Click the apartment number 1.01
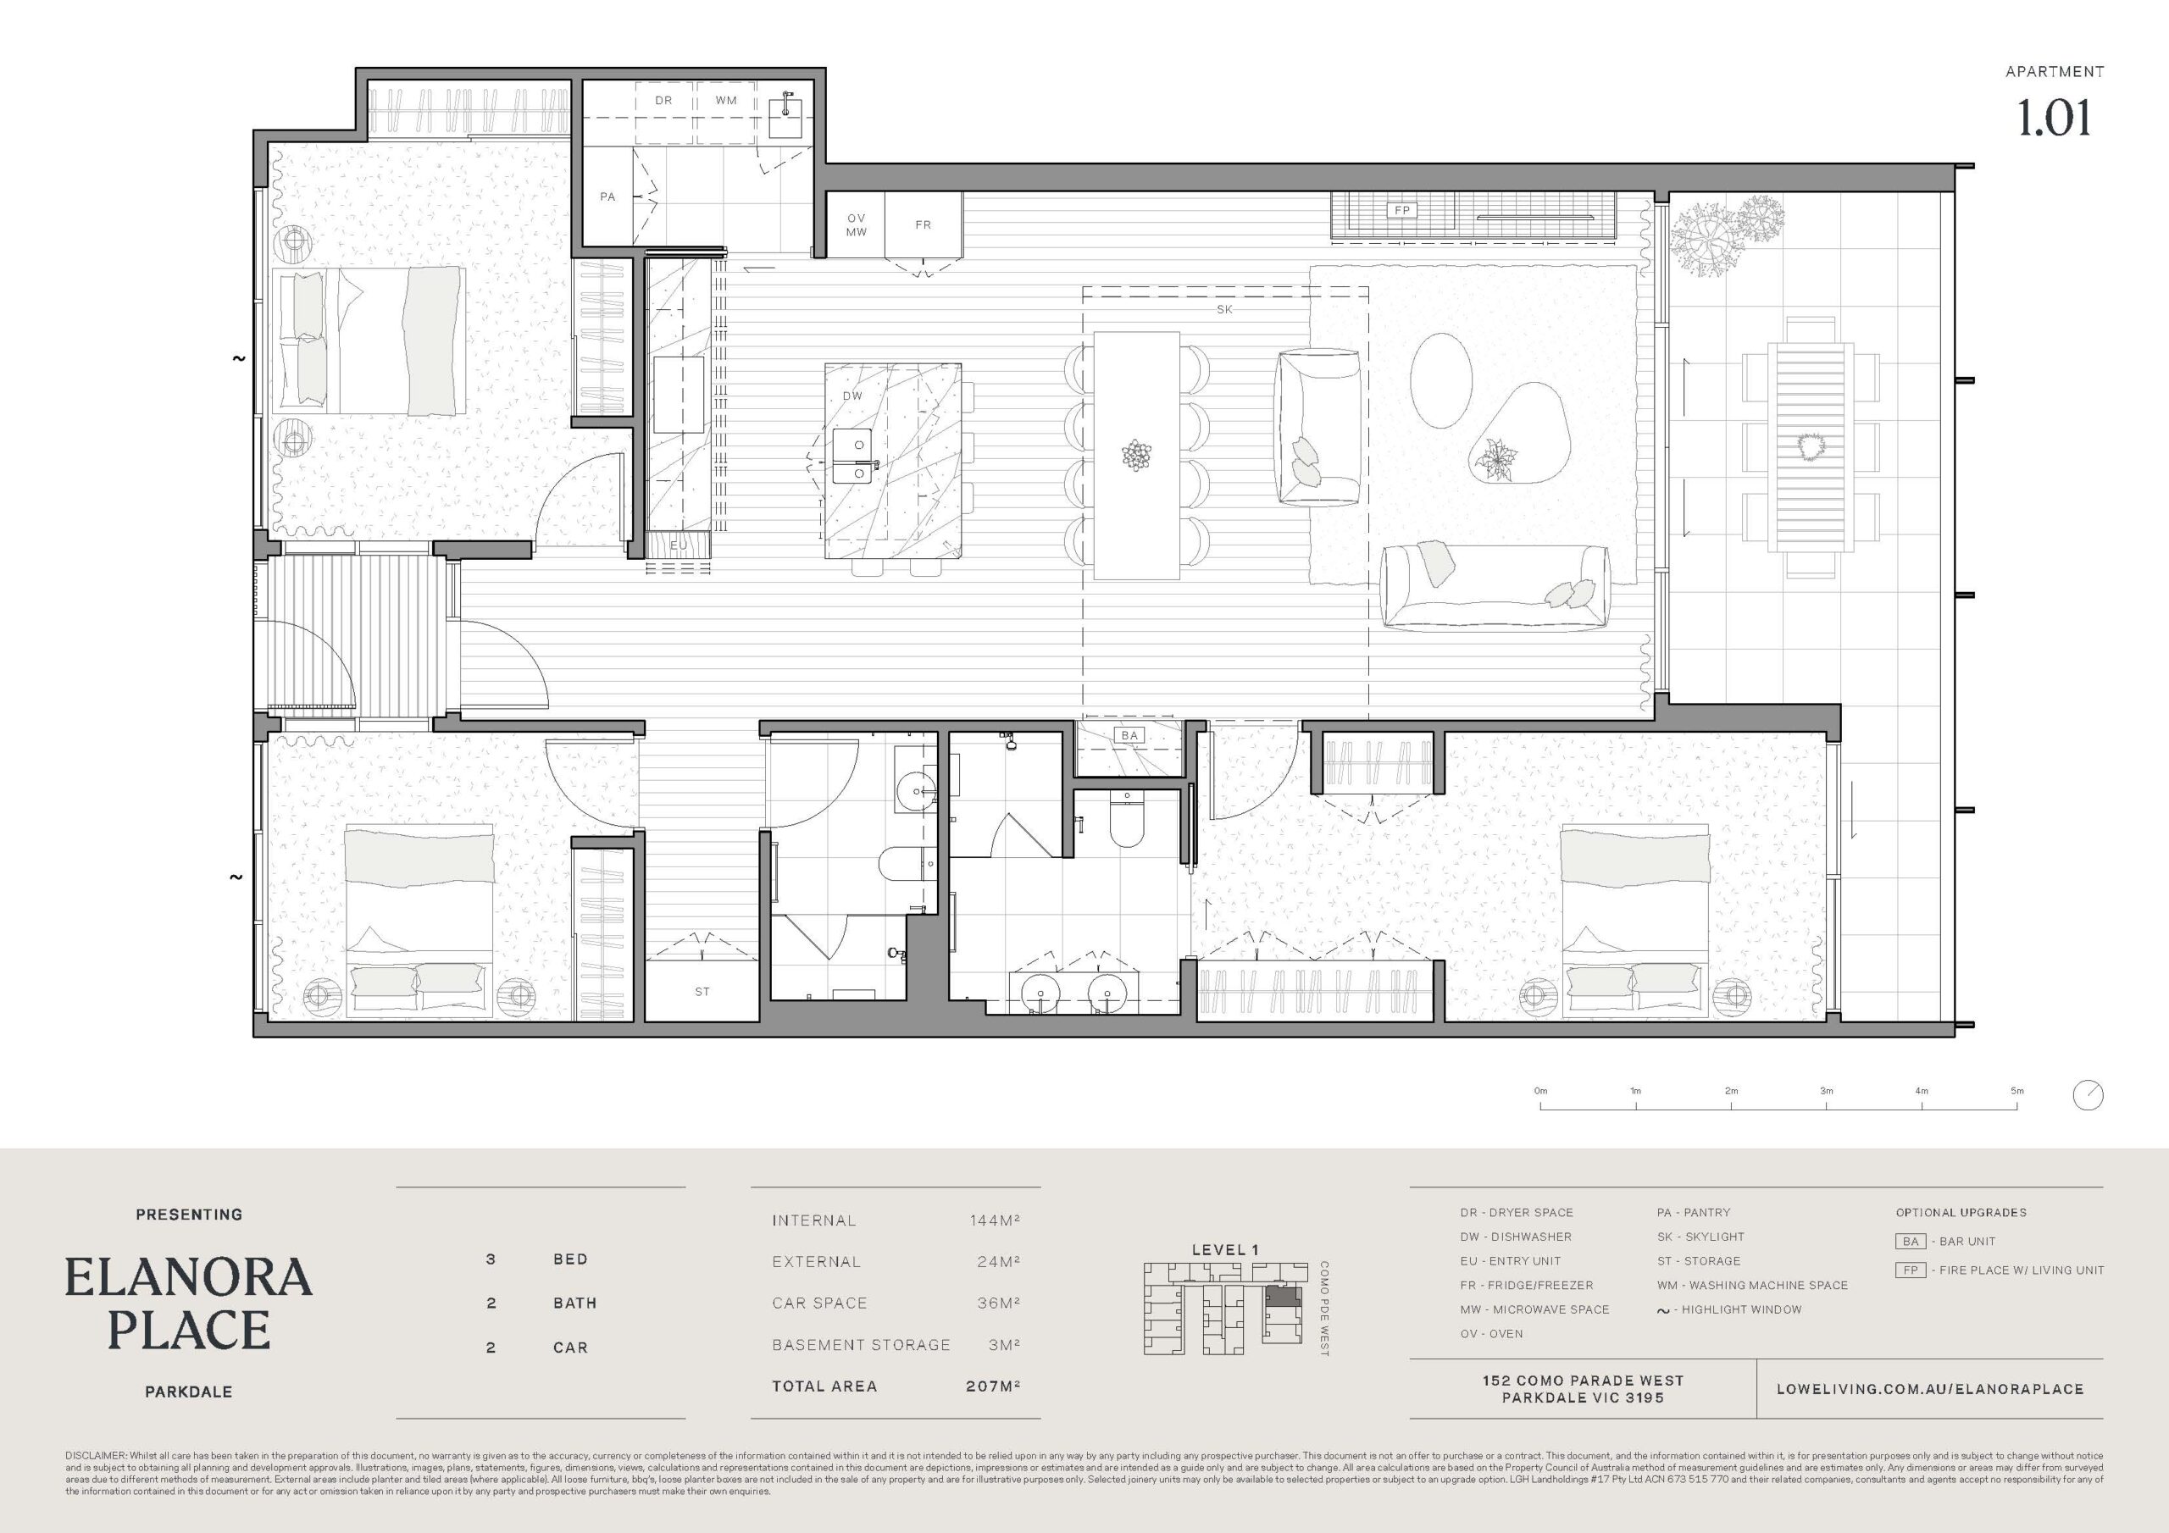click(2054, 117)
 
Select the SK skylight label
click(1224, 309)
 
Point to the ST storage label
click(702, 992)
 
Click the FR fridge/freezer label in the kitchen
click(923, 224)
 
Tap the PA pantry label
click(607, 196)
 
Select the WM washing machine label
click(725, 100)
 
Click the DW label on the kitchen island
click(852, 396)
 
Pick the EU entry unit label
click(679, 546)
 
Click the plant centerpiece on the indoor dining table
click(1136, 456)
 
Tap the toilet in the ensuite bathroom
click(1126, 818)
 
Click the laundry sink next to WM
click(786, 118)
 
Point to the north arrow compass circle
click(2088, 1096)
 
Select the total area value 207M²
click(993, 1386)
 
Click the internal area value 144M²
click(995, 1220)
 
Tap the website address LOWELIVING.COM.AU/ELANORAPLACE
click(1930, 1388)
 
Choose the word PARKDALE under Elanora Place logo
click(189, 1392)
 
